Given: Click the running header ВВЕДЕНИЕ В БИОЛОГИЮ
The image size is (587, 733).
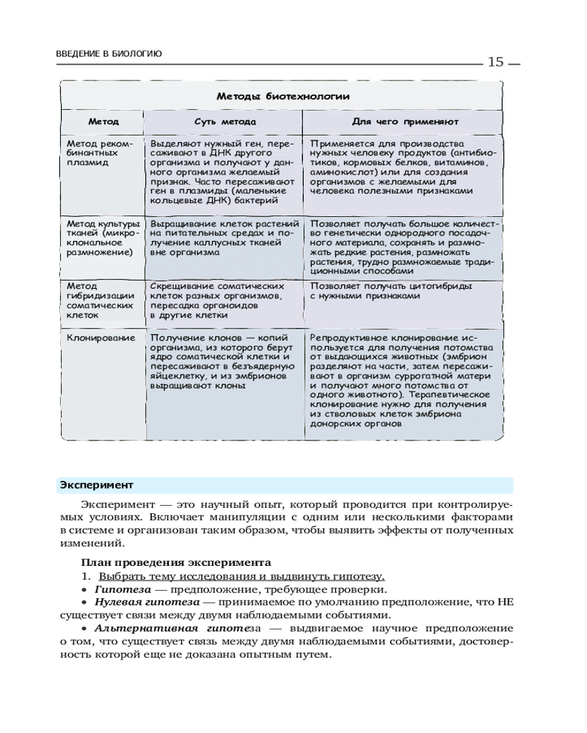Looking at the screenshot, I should point(109,54).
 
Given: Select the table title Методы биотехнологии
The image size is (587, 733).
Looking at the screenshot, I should point(282,96).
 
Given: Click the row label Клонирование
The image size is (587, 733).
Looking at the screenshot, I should point(101,338).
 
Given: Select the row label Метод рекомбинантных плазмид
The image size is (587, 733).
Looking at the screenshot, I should point(99,153).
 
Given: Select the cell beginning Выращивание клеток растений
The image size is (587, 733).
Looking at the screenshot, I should point(225,237).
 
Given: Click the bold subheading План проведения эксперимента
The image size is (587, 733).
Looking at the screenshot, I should point(176,562).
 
